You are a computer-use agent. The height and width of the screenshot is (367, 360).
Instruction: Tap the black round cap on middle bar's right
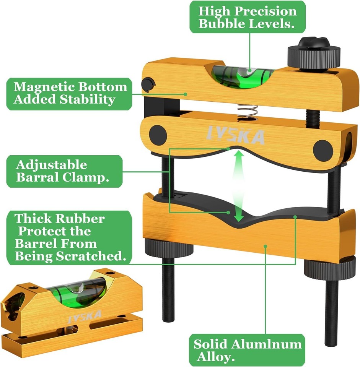(x=323, y=150)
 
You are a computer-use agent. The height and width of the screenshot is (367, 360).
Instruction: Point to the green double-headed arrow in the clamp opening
(x=239, y=185)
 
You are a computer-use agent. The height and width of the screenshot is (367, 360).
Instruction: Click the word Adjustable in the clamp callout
(x=52, y=166)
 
